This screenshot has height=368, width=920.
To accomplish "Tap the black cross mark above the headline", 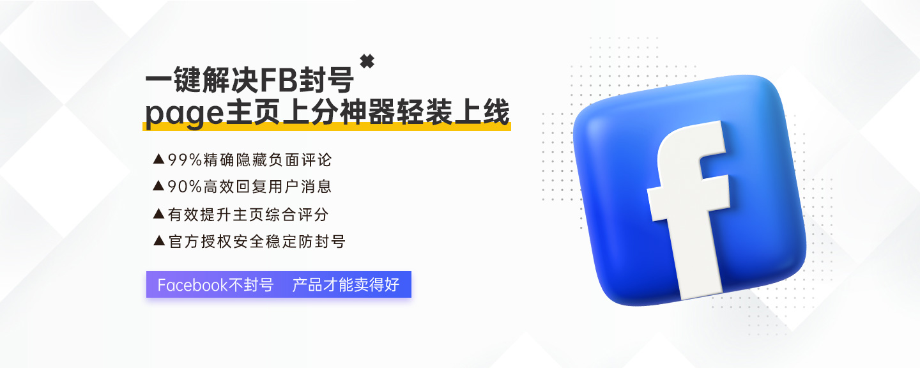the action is click(367, 61).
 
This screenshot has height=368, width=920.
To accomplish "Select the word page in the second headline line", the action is click(185, 114).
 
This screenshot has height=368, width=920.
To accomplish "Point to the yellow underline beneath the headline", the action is click(326, 126).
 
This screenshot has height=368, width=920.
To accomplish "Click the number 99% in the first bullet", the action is click(185, 160).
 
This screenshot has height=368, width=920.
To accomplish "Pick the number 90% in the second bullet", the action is click(185, 187).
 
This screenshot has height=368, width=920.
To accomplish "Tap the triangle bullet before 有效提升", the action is click(158, 213).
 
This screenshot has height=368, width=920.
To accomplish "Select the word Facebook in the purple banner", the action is click(192, 285).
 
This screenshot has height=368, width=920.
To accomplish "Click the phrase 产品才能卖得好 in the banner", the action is click(346, 285).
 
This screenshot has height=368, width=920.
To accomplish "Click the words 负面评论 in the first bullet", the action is click(300, 160).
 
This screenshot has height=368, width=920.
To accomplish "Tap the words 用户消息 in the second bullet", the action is click(300, 187).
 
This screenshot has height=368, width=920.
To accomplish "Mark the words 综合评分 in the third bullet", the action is click(297, 214).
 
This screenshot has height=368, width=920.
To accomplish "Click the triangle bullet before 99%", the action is click(158, 159).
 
